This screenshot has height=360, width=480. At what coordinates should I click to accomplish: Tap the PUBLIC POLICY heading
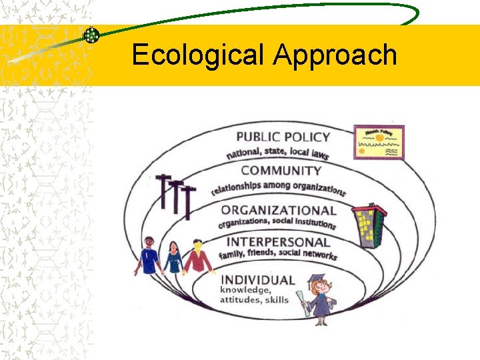coord(283,137)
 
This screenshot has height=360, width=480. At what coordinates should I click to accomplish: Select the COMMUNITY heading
coord(281,171)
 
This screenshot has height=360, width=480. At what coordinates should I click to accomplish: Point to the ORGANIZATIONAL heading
coord(278,210)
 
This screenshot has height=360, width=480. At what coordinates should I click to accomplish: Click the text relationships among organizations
coord(279,188)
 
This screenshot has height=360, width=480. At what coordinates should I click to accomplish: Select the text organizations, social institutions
coord(277,222)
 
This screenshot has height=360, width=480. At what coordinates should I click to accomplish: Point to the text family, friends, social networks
coord(278,254)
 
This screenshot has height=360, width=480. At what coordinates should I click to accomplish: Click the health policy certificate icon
coord(379,142)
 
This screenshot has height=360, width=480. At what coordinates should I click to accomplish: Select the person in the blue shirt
coord(149,255)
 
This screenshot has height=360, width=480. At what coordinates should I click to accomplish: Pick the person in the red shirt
coord(198,257)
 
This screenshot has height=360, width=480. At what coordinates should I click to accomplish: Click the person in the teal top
coord(173,257)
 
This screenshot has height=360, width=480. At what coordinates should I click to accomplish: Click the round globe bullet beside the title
coord(91,35)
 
